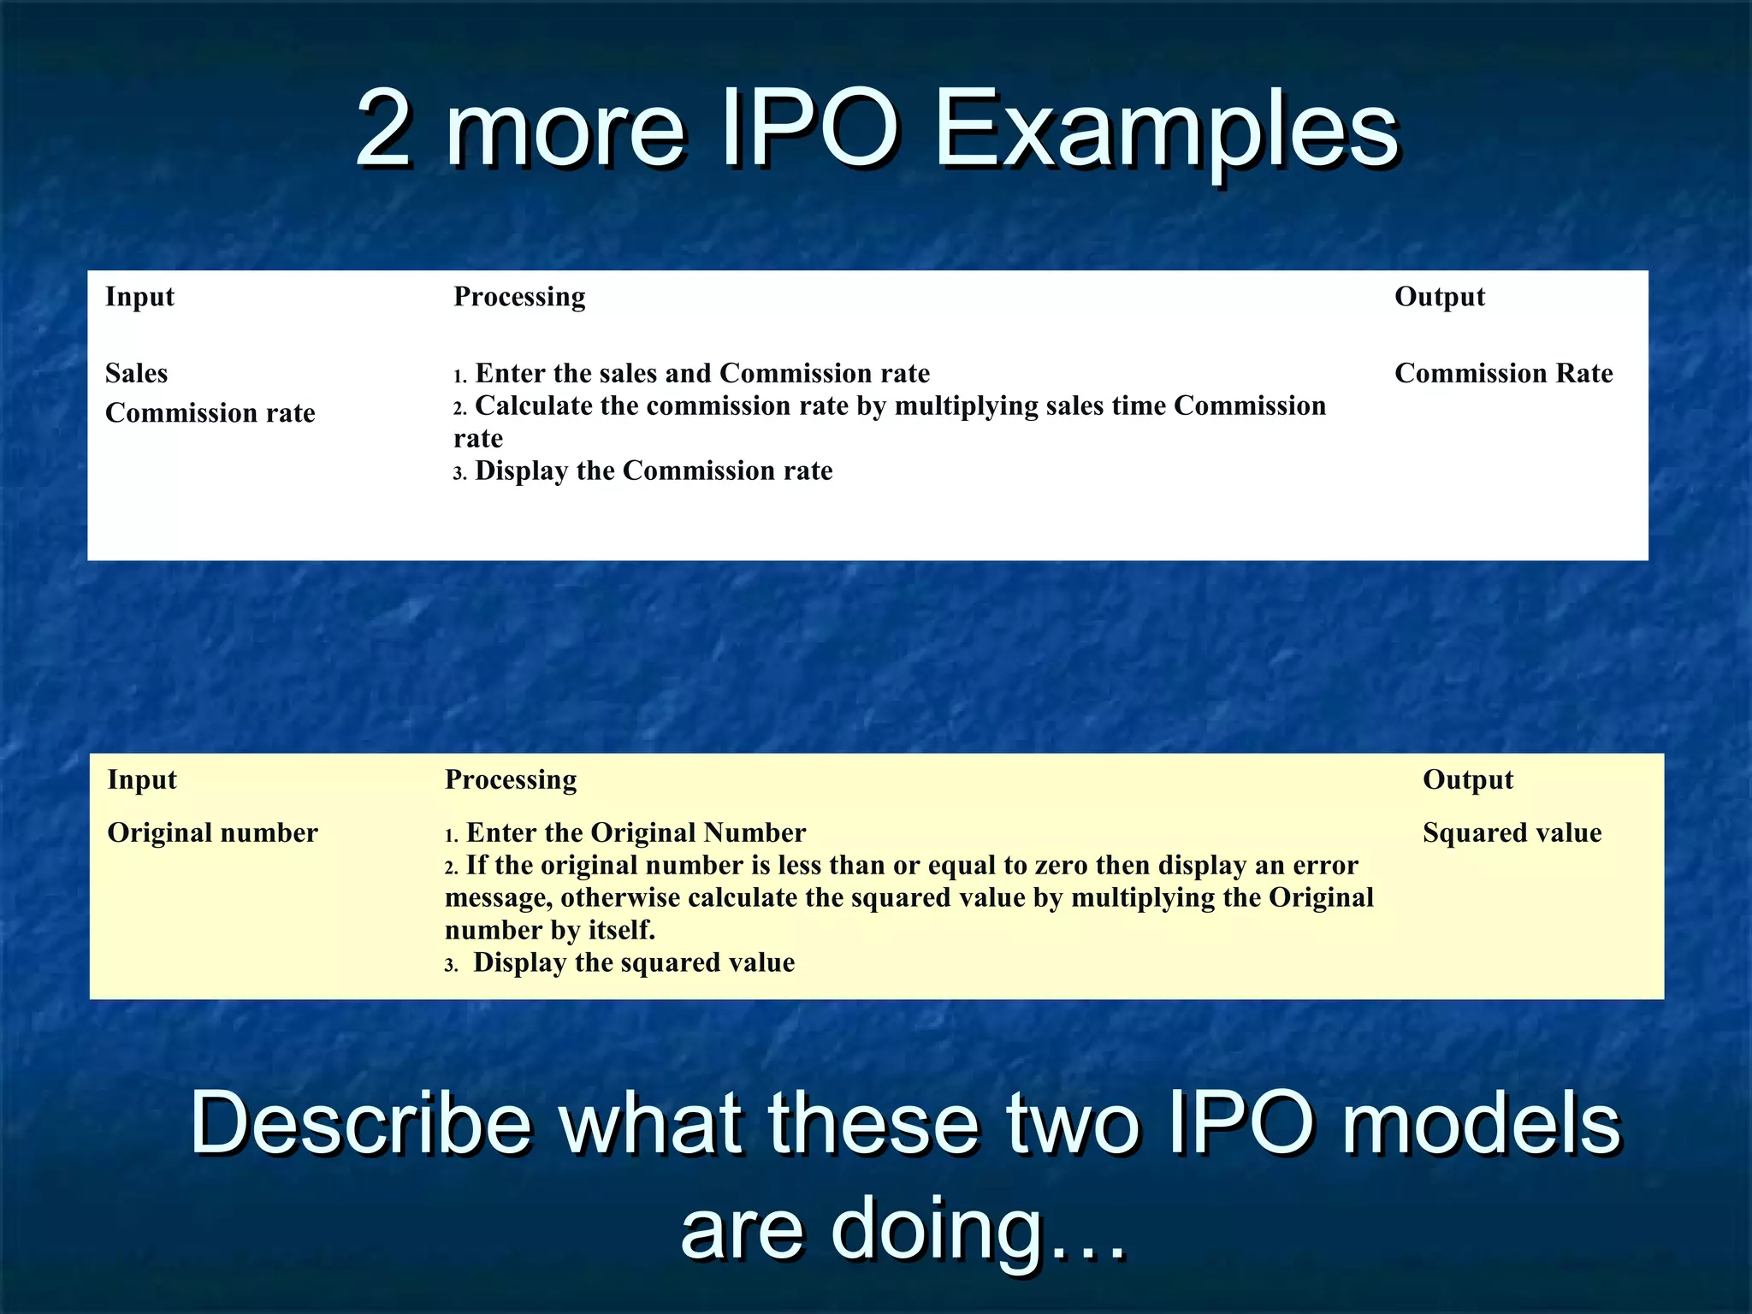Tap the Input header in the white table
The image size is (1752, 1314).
pos(139,297)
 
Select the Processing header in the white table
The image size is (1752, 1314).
pos(519,297)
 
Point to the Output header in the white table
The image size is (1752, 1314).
pos(1440,297)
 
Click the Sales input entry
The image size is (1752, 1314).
pos(136,373)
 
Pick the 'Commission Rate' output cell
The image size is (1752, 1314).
pos(1503,373)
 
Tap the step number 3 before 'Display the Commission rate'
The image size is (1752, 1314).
pos(459,473)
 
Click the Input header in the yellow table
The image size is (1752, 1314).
pos(142,780)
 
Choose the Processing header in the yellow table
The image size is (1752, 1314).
pos(511,780)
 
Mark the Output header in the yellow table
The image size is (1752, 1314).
pos(1468,780)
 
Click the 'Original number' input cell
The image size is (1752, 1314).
pos(212,833)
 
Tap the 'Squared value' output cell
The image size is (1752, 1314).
pos(1512,833)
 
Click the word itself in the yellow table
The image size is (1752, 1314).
pos(621,931)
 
